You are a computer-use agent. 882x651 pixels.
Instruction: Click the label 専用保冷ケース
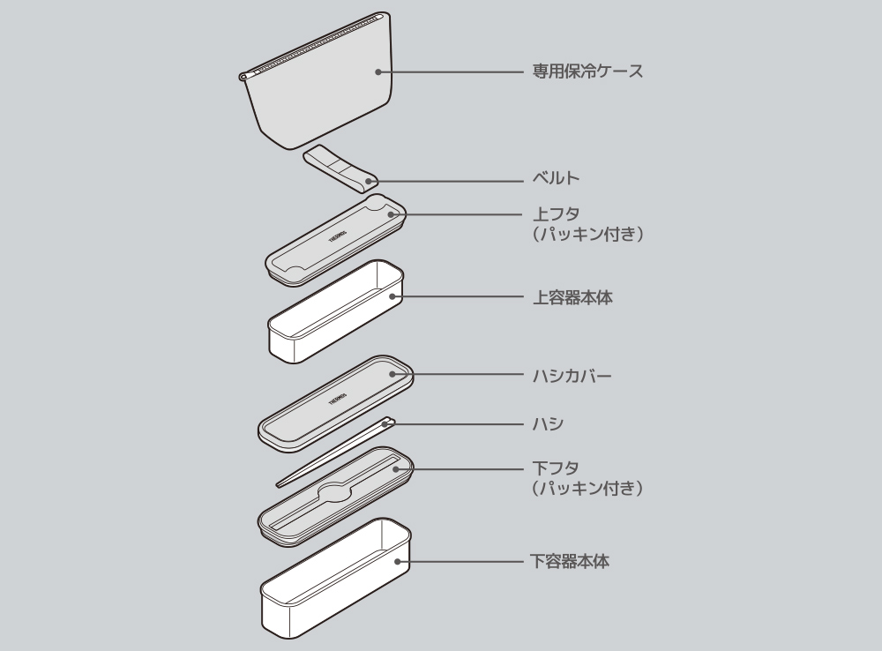pyautogui.click(x=587, y=71)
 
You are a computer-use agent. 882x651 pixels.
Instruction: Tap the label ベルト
pyautogui.click(x=557, y=179)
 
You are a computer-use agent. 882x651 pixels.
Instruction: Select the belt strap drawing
pyautogui.click(x=339, y=170)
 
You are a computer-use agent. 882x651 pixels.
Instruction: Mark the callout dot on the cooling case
pyautogui.click(x=377, y=71)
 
